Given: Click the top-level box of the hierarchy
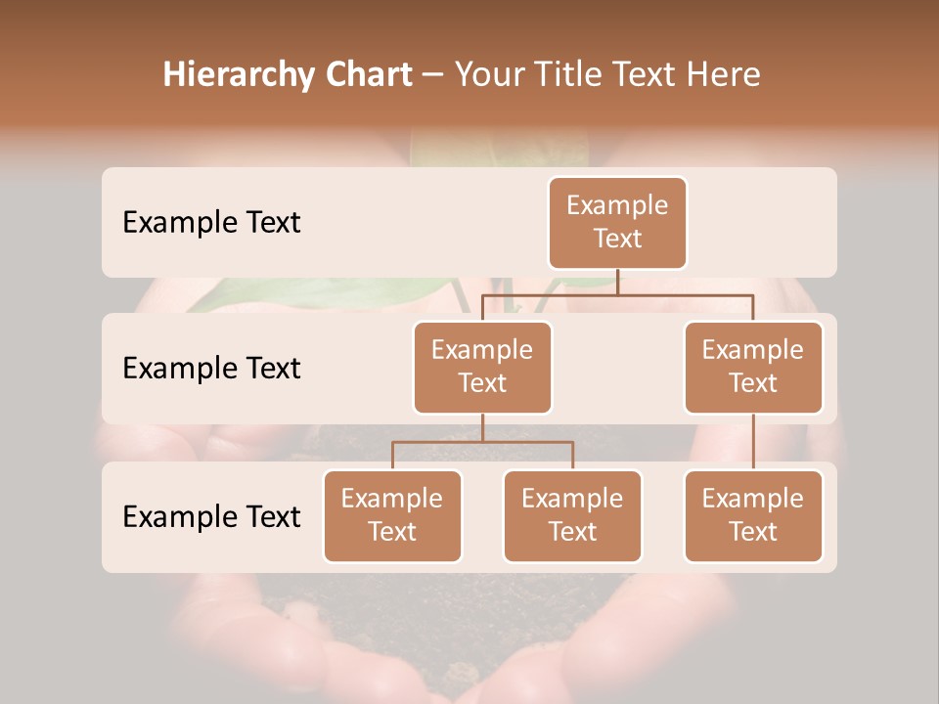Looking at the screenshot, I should click(x=617, y=222).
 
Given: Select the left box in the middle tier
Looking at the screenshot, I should click(x=482, y=367).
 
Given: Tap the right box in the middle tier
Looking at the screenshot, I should click(x=753, y=367).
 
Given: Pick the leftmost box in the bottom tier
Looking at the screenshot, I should click(x=392, y=515).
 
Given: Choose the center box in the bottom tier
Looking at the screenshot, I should click(x=572, y=515).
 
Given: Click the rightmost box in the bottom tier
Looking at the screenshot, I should click(x=753, y=515).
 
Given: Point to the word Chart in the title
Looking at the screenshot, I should click(x=365, y=74).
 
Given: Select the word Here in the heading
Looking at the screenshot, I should click(x=725, y=74).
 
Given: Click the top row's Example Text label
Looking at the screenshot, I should click(x=211, y=222).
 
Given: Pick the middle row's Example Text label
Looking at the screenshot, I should click(x=211, y=368).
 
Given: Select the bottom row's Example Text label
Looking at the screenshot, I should click(x=211, y=516).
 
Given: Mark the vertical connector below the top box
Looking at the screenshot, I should click(x=617, y=282).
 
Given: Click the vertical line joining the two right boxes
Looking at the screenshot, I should click(x=753, y=441).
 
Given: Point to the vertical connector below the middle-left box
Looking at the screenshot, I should click(x=482, y=427).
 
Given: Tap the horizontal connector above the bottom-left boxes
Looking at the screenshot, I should click(x=482, y=442).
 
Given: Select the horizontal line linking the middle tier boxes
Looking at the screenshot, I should click(x=617, y=294).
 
